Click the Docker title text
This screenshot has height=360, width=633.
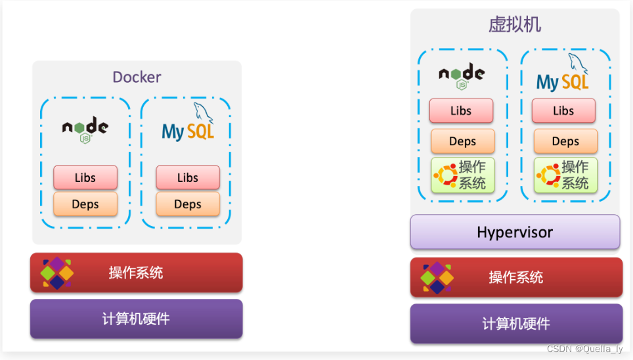137,77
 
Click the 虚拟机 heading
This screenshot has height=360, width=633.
515,25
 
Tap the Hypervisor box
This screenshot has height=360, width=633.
515,232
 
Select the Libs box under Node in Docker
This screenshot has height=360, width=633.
85,177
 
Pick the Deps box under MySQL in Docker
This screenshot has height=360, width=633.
188,204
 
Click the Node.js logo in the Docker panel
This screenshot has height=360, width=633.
85,129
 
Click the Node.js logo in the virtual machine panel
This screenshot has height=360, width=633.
462,76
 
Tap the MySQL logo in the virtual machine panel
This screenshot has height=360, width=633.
563,75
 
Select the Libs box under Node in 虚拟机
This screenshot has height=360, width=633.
461,111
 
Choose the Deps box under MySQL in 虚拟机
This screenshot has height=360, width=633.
565,141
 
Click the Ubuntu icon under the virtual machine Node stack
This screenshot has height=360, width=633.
445,175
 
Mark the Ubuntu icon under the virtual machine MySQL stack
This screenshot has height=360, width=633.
548,175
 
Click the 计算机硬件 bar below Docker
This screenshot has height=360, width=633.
136,319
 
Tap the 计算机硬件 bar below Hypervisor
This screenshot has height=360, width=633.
516,323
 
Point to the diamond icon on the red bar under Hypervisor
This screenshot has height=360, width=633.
437,277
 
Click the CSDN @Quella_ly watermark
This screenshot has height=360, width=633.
584,349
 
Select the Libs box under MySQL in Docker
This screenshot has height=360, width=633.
188,177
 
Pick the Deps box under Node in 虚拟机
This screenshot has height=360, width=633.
462,141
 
